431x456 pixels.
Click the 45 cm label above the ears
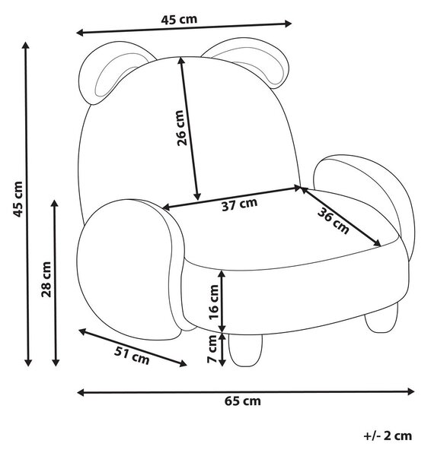point(179,20)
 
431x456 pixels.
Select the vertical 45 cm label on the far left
point(18,199)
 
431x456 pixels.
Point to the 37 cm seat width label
point(240,204)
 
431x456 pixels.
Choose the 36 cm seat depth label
point(333,221)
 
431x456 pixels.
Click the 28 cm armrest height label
point(46,280)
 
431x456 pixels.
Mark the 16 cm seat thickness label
point(213,302)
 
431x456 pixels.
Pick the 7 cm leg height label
point(212,349)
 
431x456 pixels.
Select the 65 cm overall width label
point(242,401)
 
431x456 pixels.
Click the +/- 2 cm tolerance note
point(388,435)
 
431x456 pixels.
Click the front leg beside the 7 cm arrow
point(245,350)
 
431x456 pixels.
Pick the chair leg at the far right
point(382,317)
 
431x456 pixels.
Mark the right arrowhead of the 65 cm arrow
point(411,391)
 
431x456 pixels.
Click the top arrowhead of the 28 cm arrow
point(55,203)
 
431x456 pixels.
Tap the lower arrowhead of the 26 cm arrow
point(197,197)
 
